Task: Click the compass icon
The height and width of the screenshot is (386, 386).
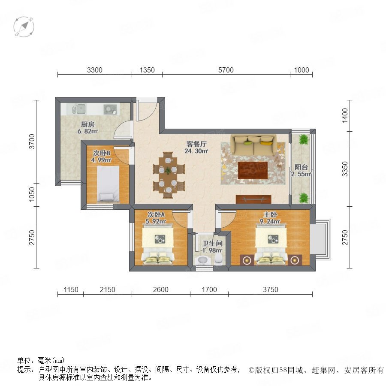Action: [24, 27]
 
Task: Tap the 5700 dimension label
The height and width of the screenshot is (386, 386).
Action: [226, 70]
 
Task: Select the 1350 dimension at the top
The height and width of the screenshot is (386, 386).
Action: [147, 70]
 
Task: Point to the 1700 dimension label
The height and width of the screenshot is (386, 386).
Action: [209, 289]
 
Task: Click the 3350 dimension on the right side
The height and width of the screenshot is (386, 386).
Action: [345, 169]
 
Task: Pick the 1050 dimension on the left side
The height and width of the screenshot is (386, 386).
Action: [32, 194]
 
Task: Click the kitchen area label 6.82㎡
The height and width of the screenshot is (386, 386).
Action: [88, 131]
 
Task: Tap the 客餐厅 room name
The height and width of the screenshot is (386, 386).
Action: [196, 144]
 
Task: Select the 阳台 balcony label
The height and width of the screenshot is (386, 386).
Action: [301, 167]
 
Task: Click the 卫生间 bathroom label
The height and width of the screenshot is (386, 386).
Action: [212, 244]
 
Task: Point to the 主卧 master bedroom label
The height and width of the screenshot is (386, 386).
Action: [270, 215]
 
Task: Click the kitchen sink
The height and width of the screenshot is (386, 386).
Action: [78, 109]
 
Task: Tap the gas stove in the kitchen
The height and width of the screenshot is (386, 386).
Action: [110, 109]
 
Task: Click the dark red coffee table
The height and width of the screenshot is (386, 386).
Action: [253, 170]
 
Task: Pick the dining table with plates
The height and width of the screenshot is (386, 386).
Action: [168, 175]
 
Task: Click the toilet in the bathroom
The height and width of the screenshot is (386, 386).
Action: [218, 259]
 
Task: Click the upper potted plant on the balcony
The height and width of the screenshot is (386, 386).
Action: [304, 139]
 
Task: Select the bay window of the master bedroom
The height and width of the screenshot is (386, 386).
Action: [321, 239]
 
